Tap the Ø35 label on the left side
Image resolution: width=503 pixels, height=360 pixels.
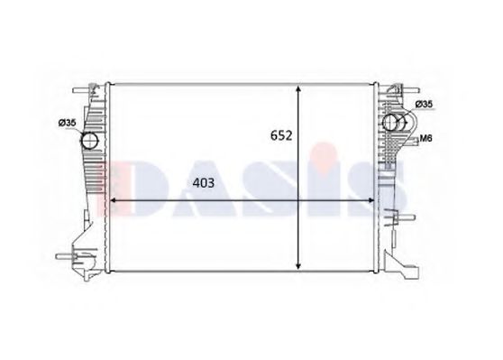67,124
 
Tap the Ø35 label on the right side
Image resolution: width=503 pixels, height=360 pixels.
425,106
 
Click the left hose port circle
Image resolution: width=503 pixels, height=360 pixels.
90,141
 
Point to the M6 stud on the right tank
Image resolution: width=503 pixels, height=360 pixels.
410,137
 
